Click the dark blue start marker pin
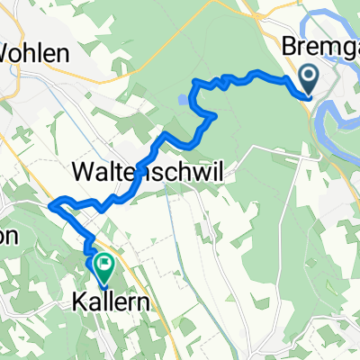pos(309,80)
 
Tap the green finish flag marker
pos(102,266)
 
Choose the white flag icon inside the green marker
pos(102,265)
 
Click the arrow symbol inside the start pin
pos(309,76)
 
